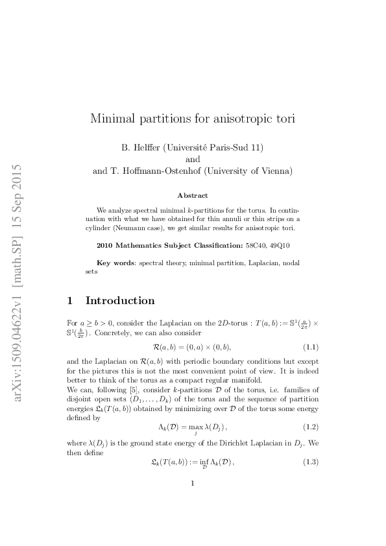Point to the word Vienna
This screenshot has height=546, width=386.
point(274,171)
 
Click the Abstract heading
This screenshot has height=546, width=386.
point(193,195)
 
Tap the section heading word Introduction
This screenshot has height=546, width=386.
point(120,300)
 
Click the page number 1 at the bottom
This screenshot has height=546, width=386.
point(193,500)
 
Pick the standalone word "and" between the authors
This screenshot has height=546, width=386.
point(193,160)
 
